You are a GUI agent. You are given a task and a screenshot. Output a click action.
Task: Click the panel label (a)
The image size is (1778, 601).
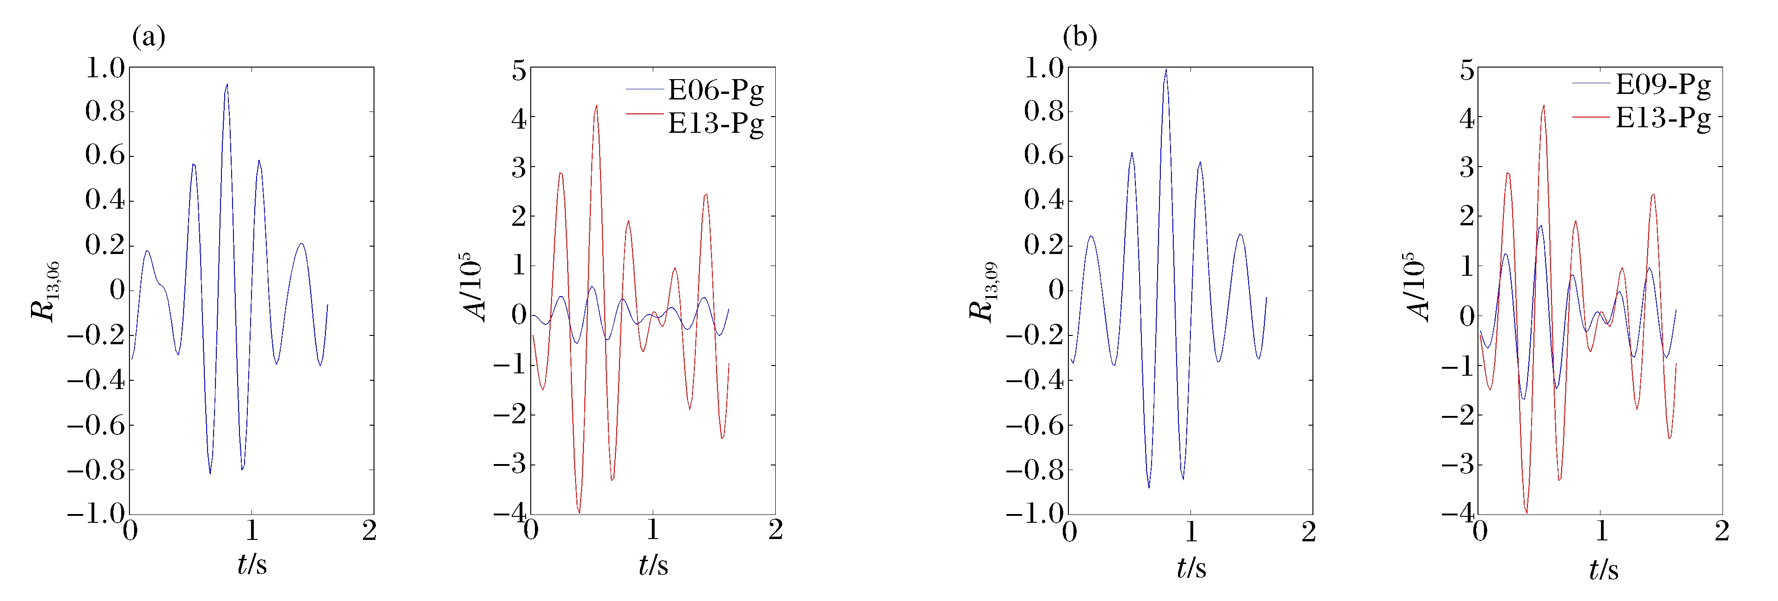click(x=148, y=37)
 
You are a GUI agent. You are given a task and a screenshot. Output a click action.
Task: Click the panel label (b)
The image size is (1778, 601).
click(x=1079, y=37)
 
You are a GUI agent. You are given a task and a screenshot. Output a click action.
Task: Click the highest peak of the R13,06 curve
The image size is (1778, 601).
click(x=227, y=85)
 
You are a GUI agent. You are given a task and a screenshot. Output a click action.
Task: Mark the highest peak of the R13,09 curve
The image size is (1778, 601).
click(x=1166, y=69)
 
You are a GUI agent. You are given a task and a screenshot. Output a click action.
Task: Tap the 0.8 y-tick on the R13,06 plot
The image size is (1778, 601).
click(x=105, y=111)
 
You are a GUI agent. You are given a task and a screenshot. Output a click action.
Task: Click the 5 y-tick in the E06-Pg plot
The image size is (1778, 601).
click(x=518, y=70)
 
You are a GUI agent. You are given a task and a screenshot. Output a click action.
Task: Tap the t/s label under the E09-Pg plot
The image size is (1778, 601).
click(x=1603, y=569)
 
